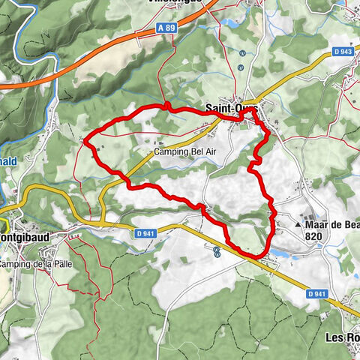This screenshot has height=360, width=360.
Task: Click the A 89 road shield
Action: pyautogui.click(x=172, y=25)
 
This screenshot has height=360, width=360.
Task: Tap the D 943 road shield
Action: pyautogui.click(x=343, y=51)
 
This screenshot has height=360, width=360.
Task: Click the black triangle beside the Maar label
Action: pyautogui.click(x=298, y=223)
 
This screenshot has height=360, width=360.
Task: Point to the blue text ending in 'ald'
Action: pyautogui.click(x=9, y=160)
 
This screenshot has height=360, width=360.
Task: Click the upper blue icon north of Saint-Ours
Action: pyautogui.click(x=241, y=52)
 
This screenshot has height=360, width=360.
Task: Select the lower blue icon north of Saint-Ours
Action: pyautogui.click(x=240, y=67)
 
